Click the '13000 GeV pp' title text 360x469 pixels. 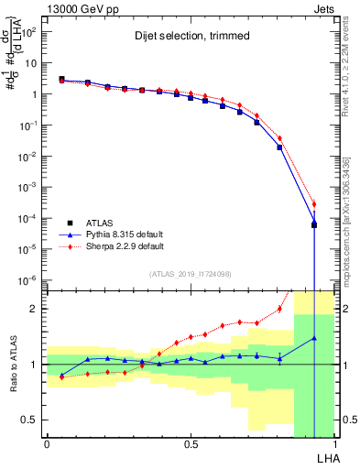[80, 7]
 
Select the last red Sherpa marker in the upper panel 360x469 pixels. [314, 203]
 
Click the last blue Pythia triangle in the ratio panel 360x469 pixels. [314, 338]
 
